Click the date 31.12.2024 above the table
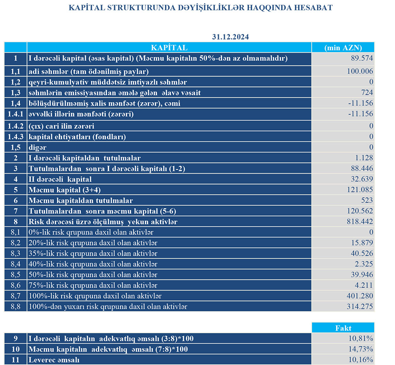click(x=230, y=37)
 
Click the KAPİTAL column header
click(x=169, y=48)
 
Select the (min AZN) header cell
click(x=342, y=48)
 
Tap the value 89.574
click(x=363, y=58)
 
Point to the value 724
click(x=367, y=93)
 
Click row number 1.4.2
click(x=15, y=126)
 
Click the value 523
click(x=367, y=200)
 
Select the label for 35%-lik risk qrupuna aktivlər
click(x=93, y=253)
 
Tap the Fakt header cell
click(x=342, y=328)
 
